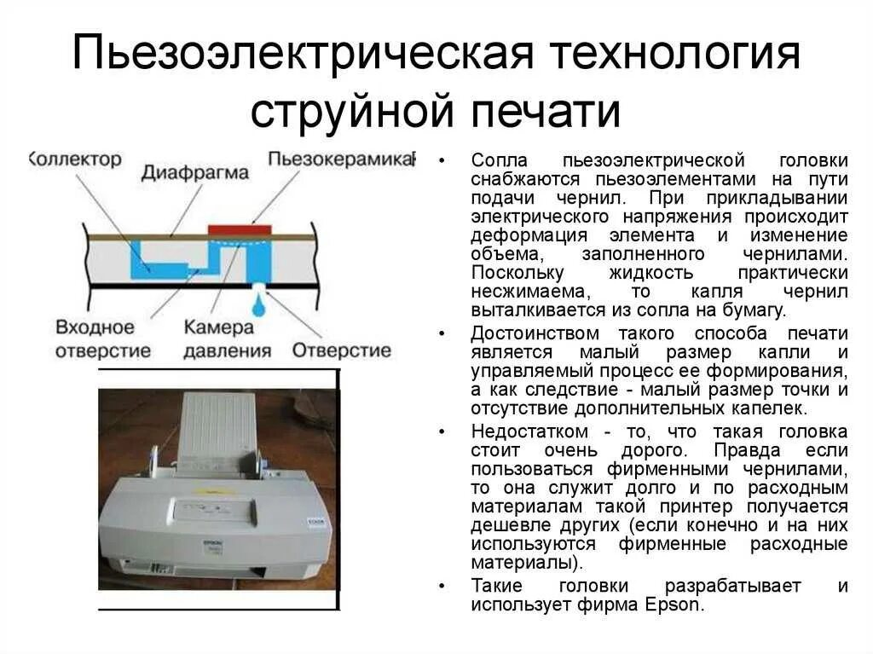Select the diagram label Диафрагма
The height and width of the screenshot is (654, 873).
coord(195,173)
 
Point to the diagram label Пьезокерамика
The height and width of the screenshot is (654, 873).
coord(340,159)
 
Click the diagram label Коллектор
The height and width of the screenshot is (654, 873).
coord(77,159)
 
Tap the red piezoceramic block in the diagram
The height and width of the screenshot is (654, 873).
coord(240,229)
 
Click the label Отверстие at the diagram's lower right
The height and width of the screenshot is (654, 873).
coord(342,350)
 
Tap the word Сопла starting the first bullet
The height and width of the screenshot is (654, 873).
coord(500,160)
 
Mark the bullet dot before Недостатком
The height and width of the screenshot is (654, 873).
coord(442,431)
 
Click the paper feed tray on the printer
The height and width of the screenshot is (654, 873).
coord(219,426)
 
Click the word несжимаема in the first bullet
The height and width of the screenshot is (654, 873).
coord(521,292)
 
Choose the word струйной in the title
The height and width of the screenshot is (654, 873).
coord(350,111)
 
